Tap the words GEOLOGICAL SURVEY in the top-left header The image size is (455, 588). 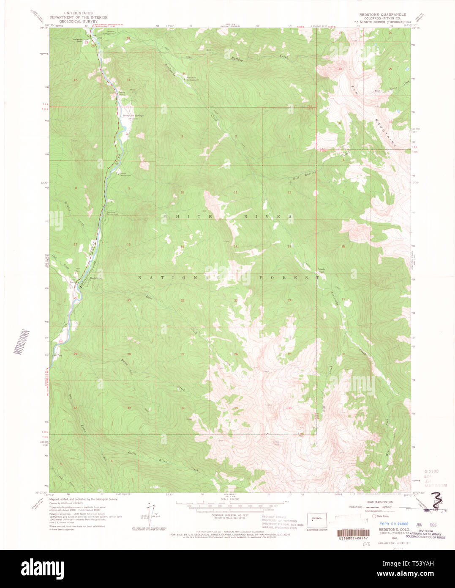73,21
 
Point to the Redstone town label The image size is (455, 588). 96,278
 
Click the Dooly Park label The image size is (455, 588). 321,270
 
